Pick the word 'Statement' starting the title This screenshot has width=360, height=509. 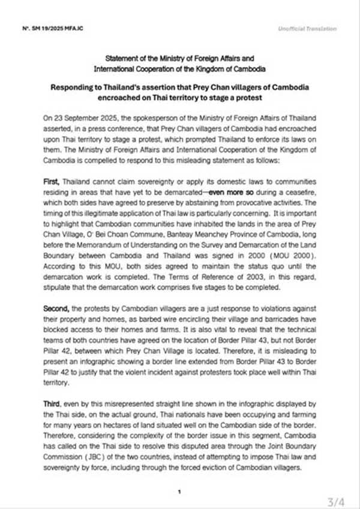[121, 58]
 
